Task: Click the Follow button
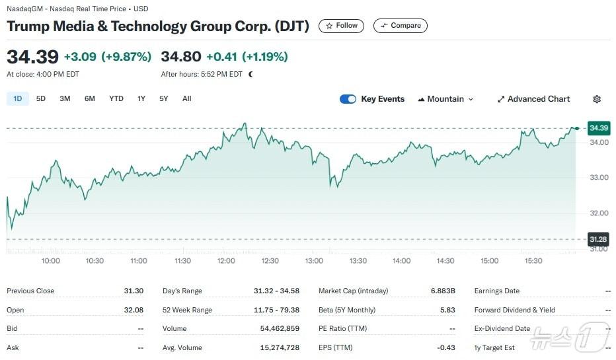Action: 341,26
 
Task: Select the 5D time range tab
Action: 41,99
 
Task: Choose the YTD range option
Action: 116,99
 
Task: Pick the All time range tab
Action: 187,99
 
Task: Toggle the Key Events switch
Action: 348,99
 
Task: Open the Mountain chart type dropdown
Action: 445,99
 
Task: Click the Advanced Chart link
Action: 533,99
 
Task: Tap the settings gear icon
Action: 597,99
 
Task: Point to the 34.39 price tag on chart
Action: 598,127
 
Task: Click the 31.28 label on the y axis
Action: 598,239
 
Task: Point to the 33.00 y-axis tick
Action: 599,178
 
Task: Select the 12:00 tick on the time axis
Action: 226,261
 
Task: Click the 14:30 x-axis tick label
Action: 445,261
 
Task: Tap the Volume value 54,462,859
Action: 276,328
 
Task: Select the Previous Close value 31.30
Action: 134,291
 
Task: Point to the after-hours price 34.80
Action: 180,57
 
